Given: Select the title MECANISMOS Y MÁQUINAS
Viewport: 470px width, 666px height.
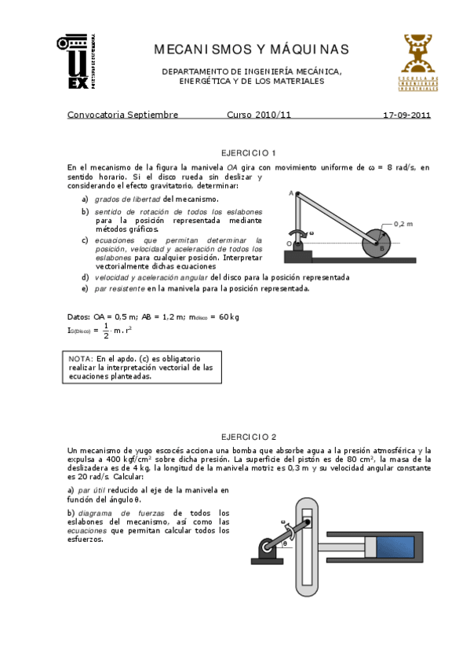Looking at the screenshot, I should click(x=251, y=50).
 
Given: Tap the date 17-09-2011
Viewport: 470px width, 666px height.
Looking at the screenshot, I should click(x=406, y=115).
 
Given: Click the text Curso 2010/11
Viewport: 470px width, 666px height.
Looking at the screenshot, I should click(x=259, y=115).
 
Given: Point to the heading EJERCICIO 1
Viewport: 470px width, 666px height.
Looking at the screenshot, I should click(x=249, y=152).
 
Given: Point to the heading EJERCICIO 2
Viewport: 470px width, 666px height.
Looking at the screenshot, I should click(x=249, y=436).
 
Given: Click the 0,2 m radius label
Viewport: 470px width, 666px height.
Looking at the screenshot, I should click(x=403, y=223).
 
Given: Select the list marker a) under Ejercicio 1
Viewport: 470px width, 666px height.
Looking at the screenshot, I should click(x=85, y=199).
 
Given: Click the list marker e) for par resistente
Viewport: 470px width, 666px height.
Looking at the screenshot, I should click(x=85, y=288).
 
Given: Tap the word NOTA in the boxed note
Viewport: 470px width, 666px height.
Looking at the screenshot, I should click(x=81, y=358).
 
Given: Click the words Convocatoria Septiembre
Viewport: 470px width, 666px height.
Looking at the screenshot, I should click(x=123, y=115).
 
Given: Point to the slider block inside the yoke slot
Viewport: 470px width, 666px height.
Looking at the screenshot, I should click(x=309, y=523).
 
